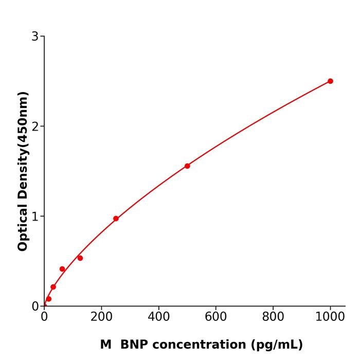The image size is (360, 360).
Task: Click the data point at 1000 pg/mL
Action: (330, 81)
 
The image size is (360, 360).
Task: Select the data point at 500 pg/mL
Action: (187, 166)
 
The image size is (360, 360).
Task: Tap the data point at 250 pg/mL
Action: (116, 219)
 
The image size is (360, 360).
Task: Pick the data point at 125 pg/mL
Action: (80, 258)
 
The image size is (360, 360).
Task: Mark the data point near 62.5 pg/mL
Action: (62, 269)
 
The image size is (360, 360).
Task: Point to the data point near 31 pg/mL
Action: (53, 287)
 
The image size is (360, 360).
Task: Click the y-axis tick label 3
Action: (35, 37)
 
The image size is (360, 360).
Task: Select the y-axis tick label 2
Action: (35, 127)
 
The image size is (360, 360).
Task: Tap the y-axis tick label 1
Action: (35, 217)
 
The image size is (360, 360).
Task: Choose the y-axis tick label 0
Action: (35, 307)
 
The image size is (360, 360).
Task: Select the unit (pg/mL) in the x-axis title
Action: (277, 345)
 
